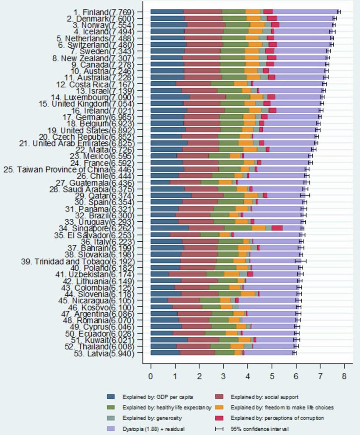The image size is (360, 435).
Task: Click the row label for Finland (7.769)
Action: coord(107,11)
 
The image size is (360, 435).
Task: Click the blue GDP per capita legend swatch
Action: coord(111,397)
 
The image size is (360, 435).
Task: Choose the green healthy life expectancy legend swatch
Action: coord(111,407)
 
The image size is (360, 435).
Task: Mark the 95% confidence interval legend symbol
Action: coord(219,428)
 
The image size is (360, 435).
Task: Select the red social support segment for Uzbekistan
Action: coord(187,274)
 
